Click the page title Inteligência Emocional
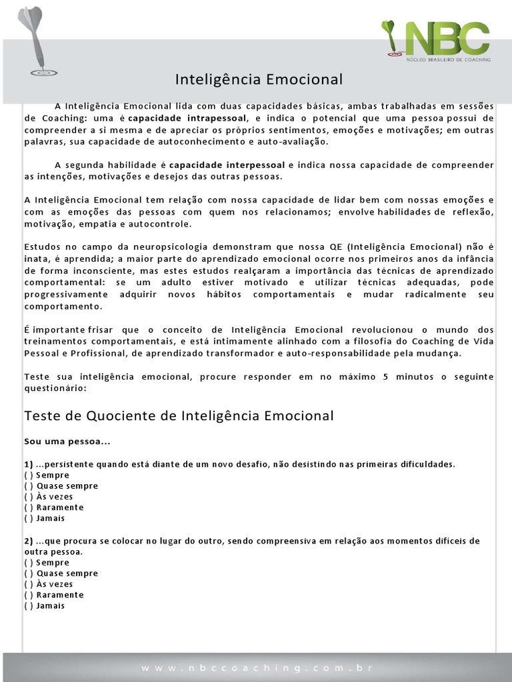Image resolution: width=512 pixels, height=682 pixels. pos(259,80)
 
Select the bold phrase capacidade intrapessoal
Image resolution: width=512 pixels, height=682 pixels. pos(183,118)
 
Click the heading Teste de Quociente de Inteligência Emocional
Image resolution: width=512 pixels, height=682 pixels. pos(179,416)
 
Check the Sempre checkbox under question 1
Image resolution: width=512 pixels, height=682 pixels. pos(29,475)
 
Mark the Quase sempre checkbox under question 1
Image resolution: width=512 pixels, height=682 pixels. pos(29,486)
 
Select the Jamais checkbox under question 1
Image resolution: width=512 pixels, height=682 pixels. pos(29,517)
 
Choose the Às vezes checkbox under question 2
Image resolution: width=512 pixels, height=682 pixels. pos(29,583)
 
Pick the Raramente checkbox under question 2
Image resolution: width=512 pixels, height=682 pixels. pos(29,594)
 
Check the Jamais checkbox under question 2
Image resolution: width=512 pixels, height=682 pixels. pos(29,605)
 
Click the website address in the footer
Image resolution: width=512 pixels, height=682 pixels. pos(256,667)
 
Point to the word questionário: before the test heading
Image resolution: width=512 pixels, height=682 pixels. pos(55,387)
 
